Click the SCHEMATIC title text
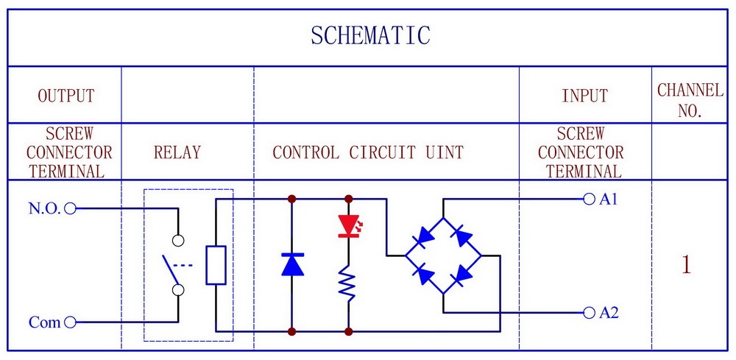tap(370, 35)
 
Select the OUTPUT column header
tap(66, 95)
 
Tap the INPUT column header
tap(585, 95)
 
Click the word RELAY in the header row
tap(177, 152)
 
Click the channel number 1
tap(686, 265)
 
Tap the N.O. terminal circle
tap(70, 208)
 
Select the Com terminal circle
tap(70, 322)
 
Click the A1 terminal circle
tap(589, 199)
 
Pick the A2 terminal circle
tap(589, 312)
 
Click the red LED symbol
tap(348, 226)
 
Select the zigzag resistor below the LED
tap(348, 282)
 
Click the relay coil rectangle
tap(216, 265)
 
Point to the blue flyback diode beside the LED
tap(292, 264)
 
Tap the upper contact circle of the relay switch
tap(178, 240)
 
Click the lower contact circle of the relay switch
tap(178, 290)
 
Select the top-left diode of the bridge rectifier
tap(425, 236)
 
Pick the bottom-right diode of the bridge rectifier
tap(463, 274)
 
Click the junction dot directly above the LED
tap(348, 199)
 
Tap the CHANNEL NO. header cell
tap(690, 100)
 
